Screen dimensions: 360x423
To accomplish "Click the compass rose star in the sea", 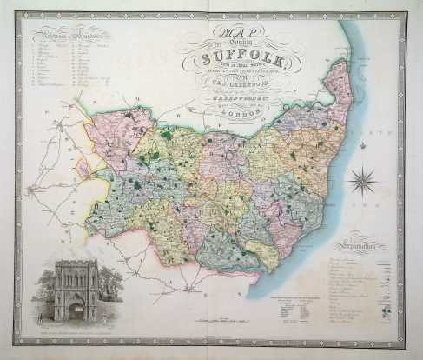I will pyautogui.click(x=363, y=182).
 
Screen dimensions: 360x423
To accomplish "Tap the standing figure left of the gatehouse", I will pyautogui.click(x=39, y=321).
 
